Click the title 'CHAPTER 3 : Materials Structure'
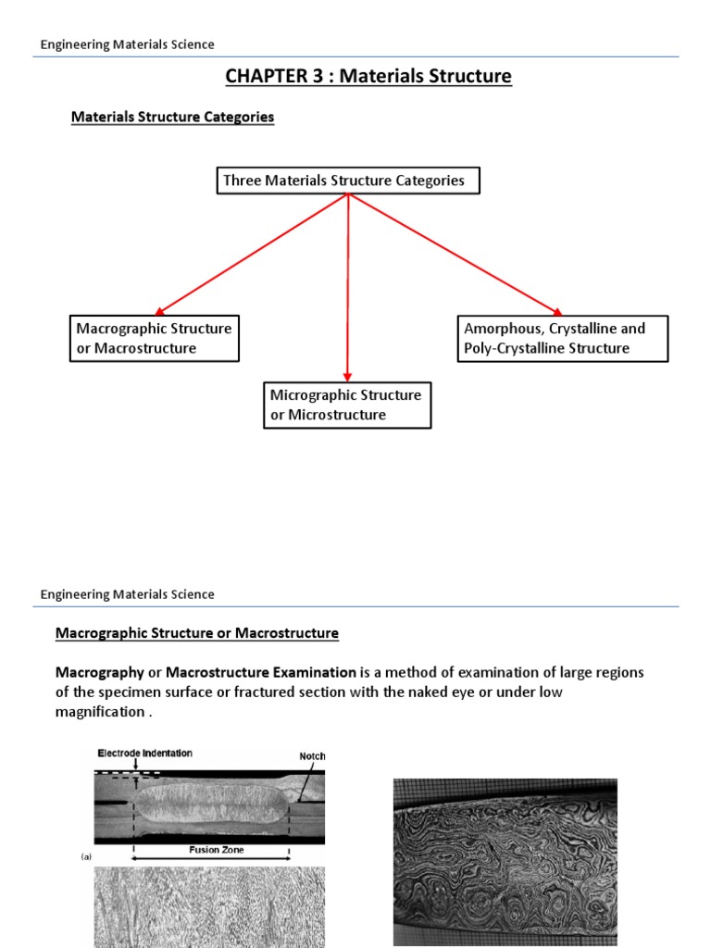tap(368, 76)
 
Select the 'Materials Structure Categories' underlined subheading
tap(172, 118)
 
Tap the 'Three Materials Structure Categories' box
tap(348, 181)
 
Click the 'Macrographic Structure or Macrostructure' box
tap(155, 338)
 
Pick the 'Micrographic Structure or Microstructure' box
tap(346, 405)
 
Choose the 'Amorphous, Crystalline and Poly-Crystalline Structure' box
tap(563, 338)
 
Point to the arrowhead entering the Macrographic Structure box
tap(159, 313)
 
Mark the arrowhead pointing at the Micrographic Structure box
tap(347, 375)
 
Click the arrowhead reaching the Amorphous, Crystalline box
tap(557, 313)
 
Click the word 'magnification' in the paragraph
tap(100, 711)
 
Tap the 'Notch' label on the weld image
tap(312, 756)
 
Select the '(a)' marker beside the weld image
tap(86, 857)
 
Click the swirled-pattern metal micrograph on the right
tap(505, 861)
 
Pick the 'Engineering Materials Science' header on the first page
tap(128, 44)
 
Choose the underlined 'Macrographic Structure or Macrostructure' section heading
tap(197, 633)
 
